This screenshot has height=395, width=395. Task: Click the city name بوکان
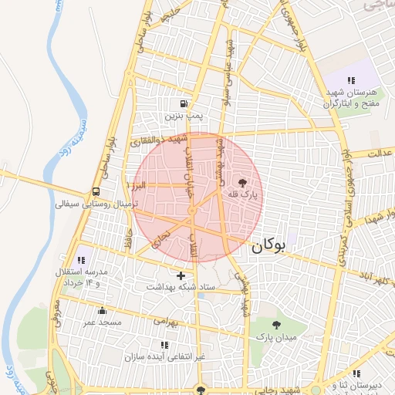click(x=268, y=246)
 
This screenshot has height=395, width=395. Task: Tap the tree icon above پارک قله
click(x=243, y=184)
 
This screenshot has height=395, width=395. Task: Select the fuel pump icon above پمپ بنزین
click(x=184, y=104)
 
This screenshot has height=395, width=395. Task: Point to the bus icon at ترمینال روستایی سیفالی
click(x=96, y=192)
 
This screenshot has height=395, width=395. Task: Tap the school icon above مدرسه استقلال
click(x=81, y=260)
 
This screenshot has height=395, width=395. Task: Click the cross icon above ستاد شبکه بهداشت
click(x=181, y=275)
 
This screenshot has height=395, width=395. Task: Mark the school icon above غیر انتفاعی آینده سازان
click(x=164, y=345)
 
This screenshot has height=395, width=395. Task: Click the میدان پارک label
click(x=275, y=338)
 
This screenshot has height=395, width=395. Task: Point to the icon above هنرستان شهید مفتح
click(x=351, y=80)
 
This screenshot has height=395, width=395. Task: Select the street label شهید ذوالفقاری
click(x=159, y=140)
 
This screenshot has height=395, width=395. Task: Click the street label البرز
click(x=138, y=186)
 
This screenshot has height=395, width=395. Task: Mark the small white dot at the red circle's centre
click(x=191, y=211)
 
